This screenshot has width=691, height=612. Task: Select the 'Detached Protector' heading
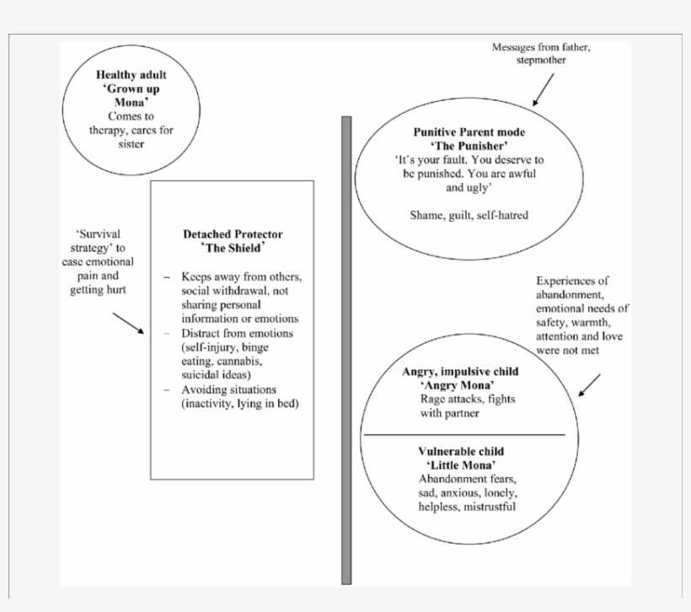tap(233, 234)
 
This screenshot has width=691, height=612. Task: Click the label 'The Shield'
tap(233, 248)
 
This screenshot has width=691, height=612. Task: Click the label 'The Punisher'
tap(469, 146)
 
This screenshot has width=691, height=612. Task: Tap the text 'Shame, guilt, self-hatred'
tap(469, 215)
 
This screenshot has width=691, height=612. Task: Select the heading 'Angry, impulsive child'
tap(460, 371)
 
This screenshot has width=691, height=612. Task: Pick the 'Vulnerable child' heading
tap(460, 452)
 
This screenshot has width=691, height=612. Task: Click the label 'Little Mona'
tap(460, 465)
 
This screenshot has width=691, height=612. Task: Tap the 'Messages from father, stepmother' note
tap(541, 54)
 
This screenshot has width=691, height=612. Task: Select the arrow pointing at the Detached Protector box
tap(127, 324)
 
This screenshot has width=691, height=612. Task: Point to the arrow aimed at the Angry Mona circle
tap(589, 386)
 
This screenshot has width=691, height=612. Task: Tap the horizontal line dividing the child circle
tap(463, 435)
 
